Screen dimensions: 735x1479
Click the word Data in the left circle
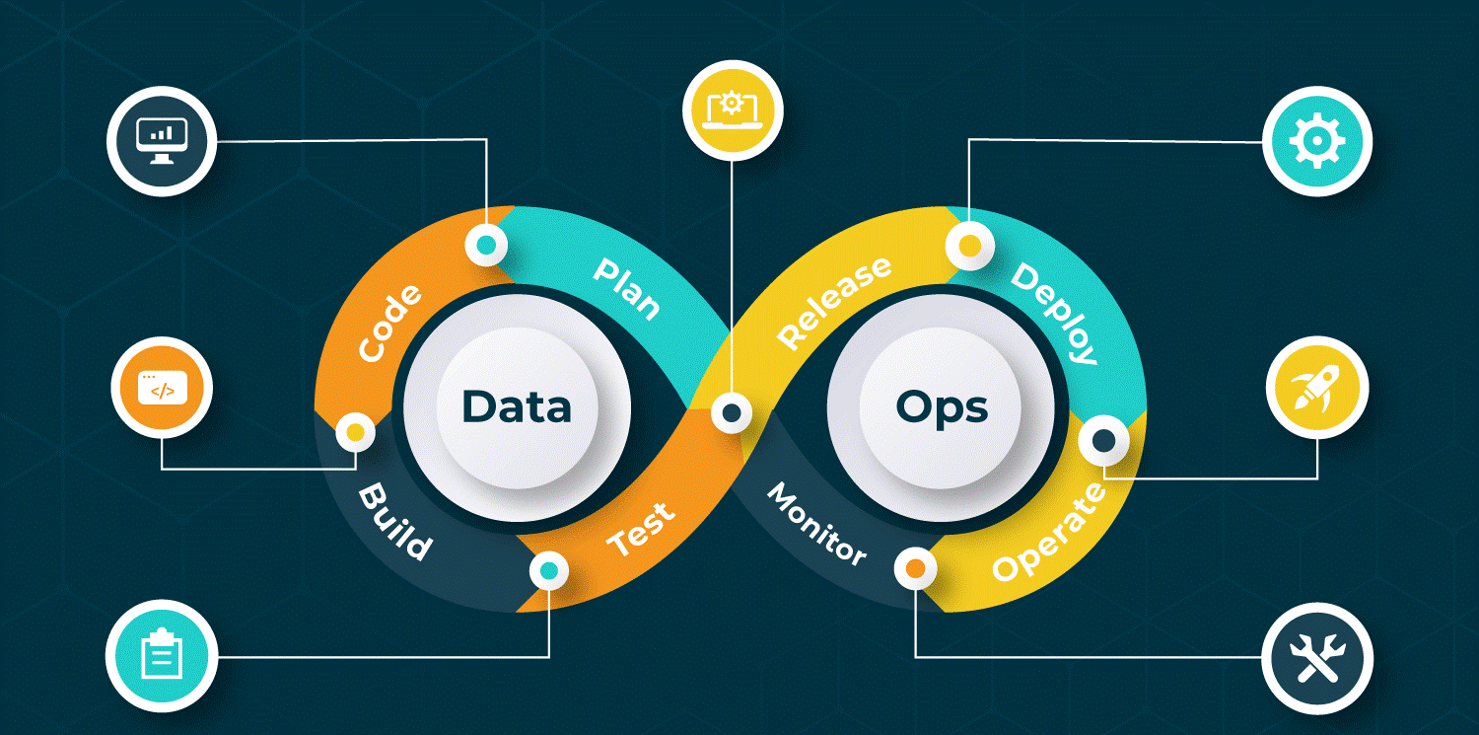click(516, 406)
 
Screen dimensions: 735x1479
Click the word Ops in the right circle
click(942, 406)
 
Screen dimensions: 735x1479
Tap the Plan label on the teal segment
click(627, 288)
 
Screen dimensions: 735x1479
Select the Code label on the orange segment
click(389, 323)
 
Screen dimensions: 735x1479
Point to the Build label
click(394, 522)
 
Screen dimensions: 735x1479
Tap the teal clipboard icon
click(161, 654)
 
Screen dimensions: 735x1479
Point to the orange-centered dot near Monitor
click(915, 568)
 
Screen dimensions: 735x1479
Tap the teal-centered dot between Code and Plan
click(486, 244)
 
